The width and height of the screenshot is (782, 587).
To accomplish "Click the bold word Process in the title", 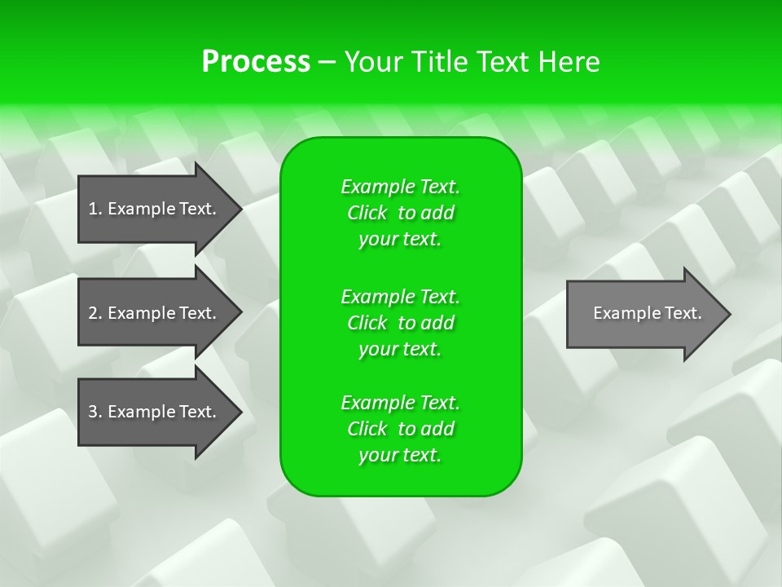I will [256, 62].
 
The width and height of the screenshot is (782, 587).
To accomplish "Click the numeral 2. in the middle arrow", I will [94, 313].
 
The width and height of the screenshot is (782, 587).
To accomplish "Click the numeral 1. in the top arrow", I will [94, 209].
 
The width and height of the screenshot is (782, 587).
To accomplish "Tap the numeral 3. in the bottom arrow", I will [94, 412].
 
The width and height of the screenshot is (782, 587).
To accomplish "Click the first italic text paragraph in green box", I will [400, 213].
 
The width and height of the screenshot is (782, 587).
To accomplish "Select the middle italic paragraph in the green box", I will [400, 323].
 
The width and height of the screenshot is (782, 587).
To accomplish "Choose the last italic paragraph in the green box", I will [400, 429].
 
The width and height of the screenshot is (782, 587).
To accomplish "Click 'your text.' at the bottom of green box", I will [400, 456].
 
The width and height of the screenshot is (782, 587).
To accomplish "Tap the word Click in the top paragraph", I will [367, 214].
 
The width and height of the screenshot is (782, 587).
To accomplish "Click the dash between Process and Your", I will [327, 62].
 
